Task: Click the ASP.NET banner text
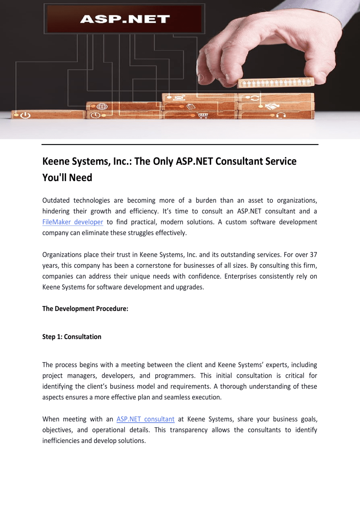pyautogui.click(x=125, y=19)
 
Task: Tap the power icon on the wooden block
pyautogui.click(x=25, y=115)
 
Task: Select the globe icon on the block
pyautogui.click(x=102, y=107)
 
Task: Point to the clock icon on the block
pyautogui.click(x=95, y=115)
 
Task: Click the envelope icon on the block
pyautogui.click(x=180, y=98)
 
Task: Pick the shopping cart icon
pyautogui.click(x=203, y=115)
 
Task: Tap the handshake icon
pyautogui.click(x=272, y=106)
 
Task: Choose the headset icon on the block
pyautogui.click(x=281, y=115)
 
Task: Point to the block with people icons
pyautogui.click(x=276, y=83)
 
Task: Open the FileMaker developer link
pyautogui.click(x=73, y=222)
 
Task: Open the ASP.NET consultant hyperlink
pyautogui.click(x=145, y=419)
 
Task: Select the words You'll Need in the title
pyautogui.click(x=67, y=178)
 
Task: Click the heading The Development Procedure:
pyautogui.click(x=85, y=309)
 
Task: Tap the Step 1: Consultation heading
pyautogui.click(x=71, y=337)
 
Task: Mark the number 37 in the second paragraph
pyautogui.click(x=313, y=255)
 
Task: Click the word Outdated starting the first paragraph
pyautogui.click(x=56, y=201)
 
